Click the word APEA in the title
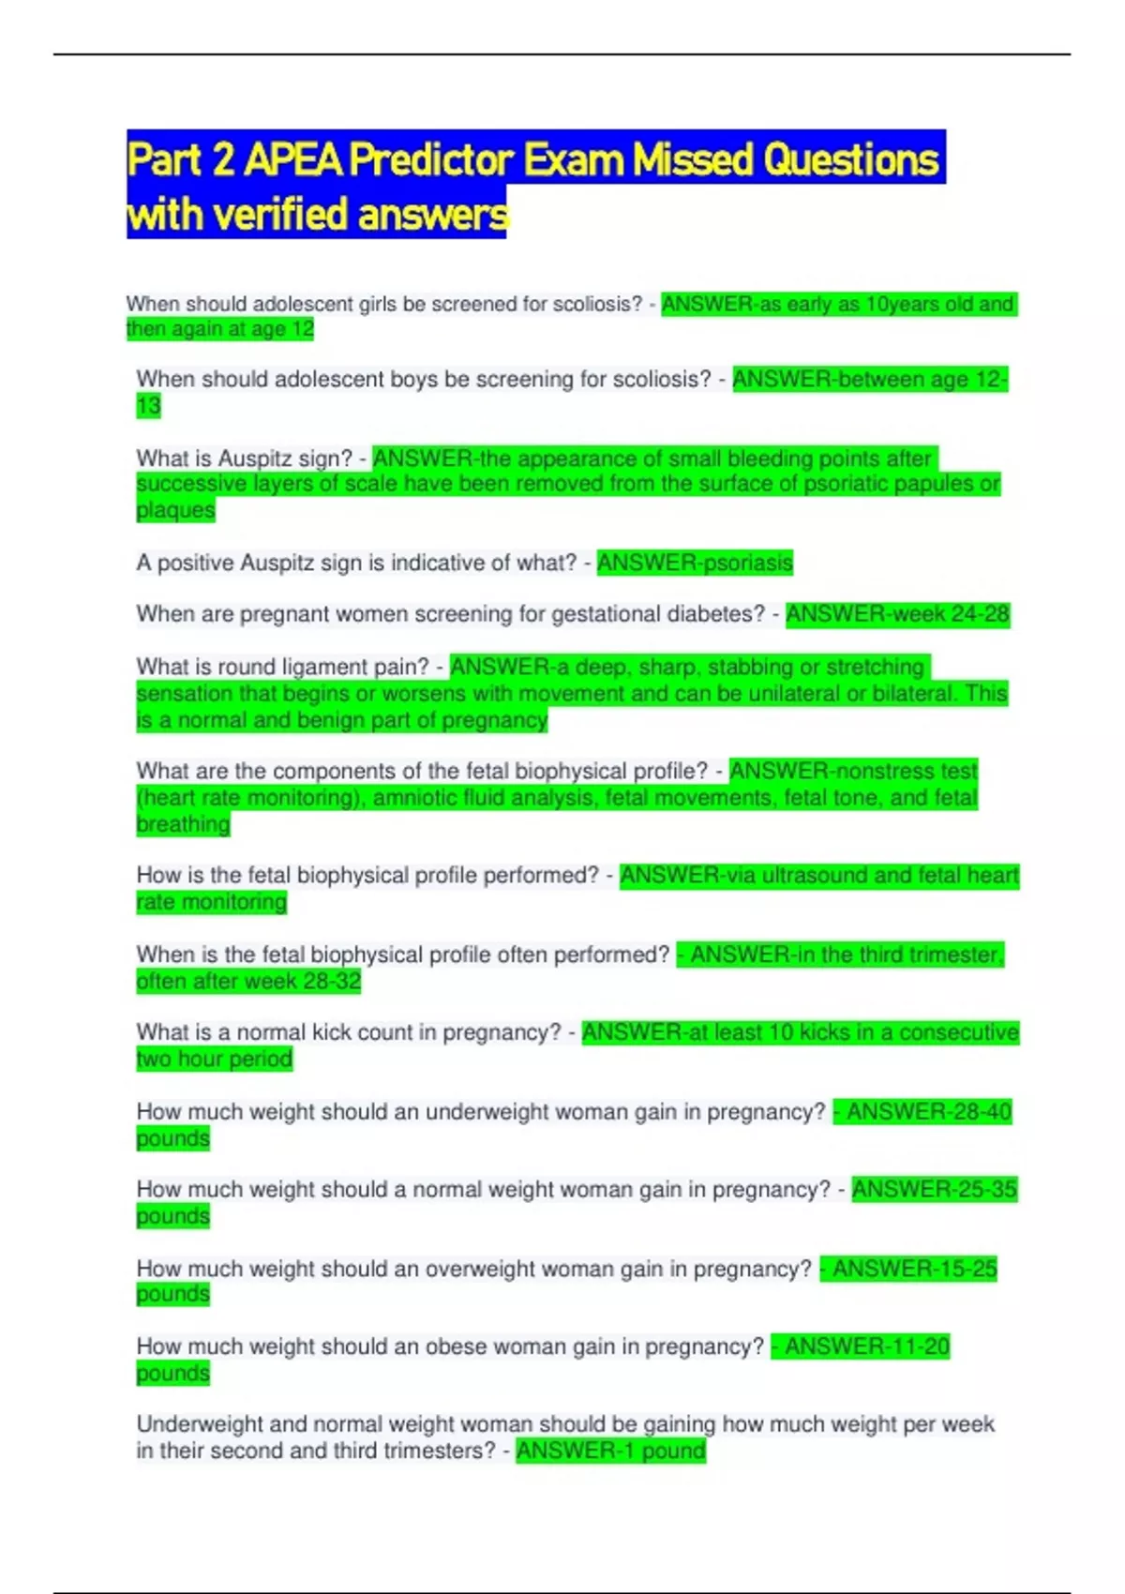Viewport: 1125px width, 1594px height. click(292, 159)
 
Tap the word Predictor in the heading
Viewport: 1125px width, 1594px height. click(432, 159)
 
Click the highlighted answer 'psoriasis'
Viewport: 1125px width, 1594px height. click(747, 563)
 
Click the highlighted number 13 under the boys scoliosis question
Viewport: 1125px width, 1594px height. click(148, 406)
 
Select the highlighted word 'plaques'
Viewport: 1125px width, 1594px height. click(175, 510)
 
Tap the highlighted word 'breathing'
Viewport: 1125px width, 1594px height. click(183, 824)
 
